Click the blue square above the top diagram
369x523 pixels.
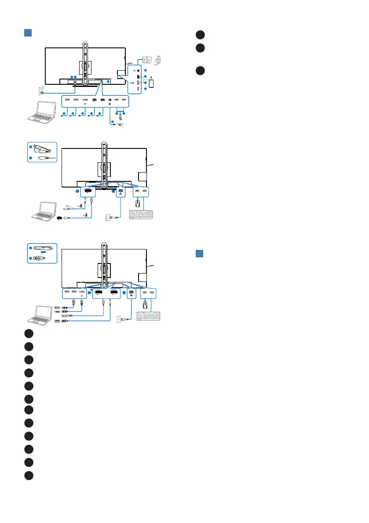27,33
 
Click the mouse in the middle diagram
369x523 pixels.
139,204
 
